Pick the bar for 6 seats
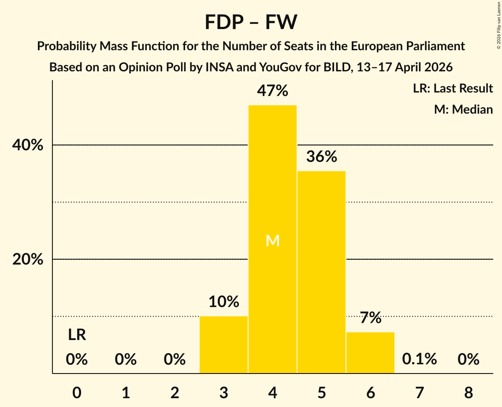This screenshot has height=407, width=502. [370, 352]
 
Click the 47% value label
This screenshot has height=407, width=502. [272, 91]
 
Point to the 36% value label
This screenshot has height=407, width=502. [321, 156]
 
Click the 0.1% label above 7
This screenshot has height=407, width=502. [419, 359]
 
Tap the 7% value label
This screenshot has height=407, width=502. [370, 318]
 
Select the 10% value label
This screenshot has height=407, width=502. [223, 302]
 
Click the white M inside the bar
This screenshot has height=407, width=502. [273, 240]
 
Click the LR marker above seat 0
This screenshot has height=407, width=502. [77, 335]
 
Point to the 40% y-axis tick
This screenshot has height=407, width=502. [28, 145]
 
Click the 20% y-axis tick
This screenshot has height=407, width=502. [28, 259]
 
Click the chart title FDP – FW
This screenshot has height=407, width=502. [251, 22]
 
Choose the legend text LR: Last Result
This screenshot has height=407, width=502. [453, 89]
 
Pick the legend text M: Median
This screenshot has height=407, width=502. [463, 109]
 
